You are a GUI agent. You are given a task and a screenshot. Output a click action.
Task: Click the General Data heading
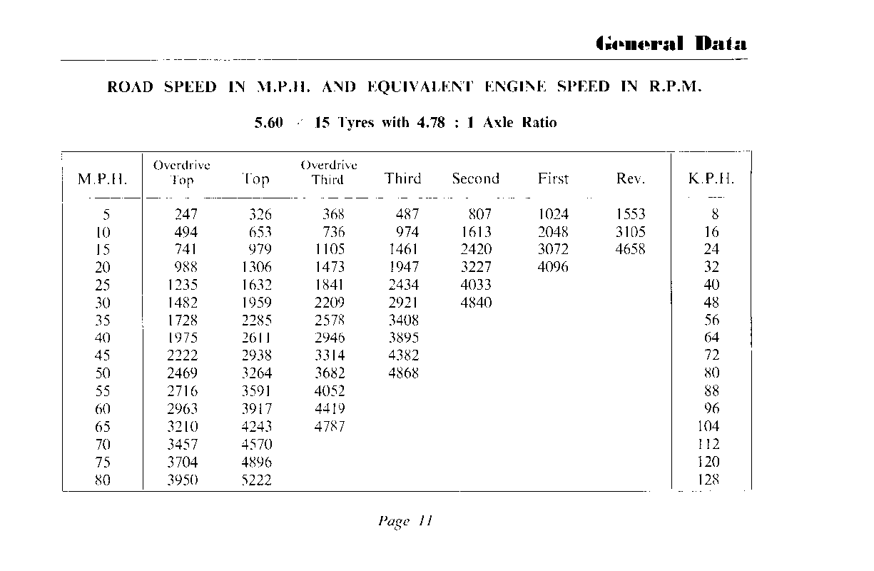671,44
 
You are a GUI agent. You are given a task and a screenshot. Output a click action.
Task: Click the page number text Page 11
405,520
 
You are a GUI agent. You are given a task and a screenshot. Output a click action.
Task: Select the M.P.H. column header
102,179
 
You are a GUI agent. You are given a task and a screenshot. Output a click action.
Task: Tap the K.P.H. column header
711,179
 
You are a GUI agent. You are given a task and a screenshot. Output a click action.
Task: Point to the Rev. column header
630,179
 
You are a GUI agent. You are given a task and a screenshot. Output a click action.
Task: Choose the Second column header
475,179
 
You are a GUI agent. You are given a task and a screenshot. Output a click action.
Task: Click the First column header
553,179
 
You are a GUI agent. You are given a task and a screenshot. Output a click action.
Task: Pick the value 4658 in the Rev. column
630,249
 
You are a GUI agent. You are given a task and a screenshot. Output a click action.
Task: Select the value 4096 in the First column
553,267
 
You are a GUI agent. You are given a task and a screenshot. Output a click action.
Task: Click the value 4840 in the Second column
476,303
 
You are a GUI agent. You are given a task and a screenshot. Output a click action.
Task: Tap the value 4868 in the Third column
403,373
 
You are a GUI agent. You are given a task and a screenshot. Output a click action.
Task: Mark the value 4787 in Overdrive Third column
330,427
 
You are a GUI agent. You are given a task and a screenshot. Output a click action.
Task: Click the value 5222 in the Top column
256,480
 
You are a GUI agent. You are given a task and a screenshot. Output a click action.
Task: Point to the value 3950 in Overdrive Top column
182,480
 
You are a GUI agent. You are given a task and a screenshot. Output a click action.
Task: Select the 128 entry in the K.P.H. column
708,480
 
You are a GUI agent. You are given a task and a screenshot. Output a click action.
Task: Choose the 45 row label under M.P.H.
103,355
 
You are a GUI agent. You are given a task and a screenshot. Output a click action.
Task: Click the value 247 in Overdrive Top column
186,214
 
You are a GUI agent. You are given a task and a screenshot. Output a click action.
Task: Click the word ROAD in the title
130,88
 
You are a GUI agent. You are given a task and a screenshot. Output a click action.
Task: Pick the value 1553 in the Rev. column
630,214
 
